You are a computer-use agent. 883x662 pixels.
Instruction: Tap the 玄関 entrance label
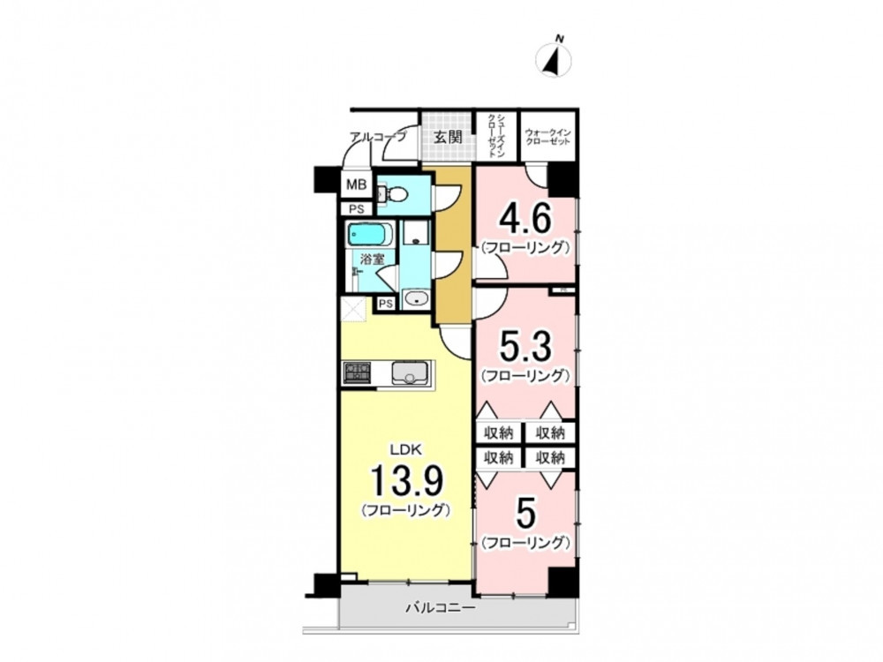[448, 137]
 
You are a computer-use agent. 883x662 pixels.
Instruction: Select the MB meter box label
[356, 184]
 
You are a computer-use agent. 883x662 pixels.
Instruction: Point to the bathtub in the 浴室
[371, 235]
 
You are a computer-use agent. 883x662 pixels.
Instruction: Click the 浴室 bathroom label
[373, 260]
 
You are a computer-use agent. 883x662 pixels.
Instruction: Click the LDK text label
[406, 449]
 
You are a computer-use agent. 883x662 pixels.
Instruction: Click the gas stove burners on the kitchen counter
[357, 373]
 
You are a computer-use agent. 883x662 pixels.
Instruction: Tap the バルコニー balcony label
[441, 608]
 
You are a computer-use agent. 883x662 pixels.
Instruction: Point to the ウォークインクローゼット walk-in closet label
[547, 137]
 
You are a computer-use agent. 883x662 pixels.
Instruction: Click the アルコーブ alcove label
[377, 136]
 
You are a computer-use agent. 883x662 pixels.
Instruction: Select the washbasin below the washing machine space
[416, 299]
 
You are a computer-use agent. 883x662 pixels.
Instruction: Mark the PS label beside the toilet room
[356, 209]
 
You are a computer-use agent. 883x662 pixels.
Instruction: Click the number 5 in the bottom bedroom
[525, 514]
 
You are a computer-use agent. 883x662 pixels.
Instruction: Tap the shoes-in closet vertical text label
[496, 135]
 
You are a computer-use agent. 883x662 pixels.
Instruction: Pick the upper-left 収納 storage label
[498, 433]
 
